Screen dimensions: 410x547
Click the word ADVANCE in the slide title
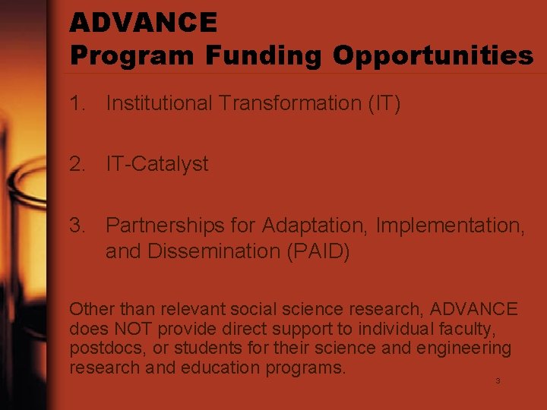(144, 23)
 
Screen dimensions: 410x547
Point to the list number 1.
(76, 103)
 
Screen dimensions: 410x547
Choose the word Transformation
(289, 103)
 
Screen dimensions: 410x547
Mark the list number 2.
(77, 164)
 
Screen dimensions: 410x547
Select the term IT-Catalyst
(157, 164)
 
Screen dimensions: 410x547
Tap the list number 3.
(77, 225)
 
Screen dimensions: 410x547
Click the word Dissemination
(220, 251)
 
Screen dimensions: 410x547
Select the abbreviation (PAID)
(318, 251)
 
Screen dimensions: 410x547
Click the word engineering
(468, 348)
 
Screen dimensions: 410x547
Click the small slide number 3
(498, 380)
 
